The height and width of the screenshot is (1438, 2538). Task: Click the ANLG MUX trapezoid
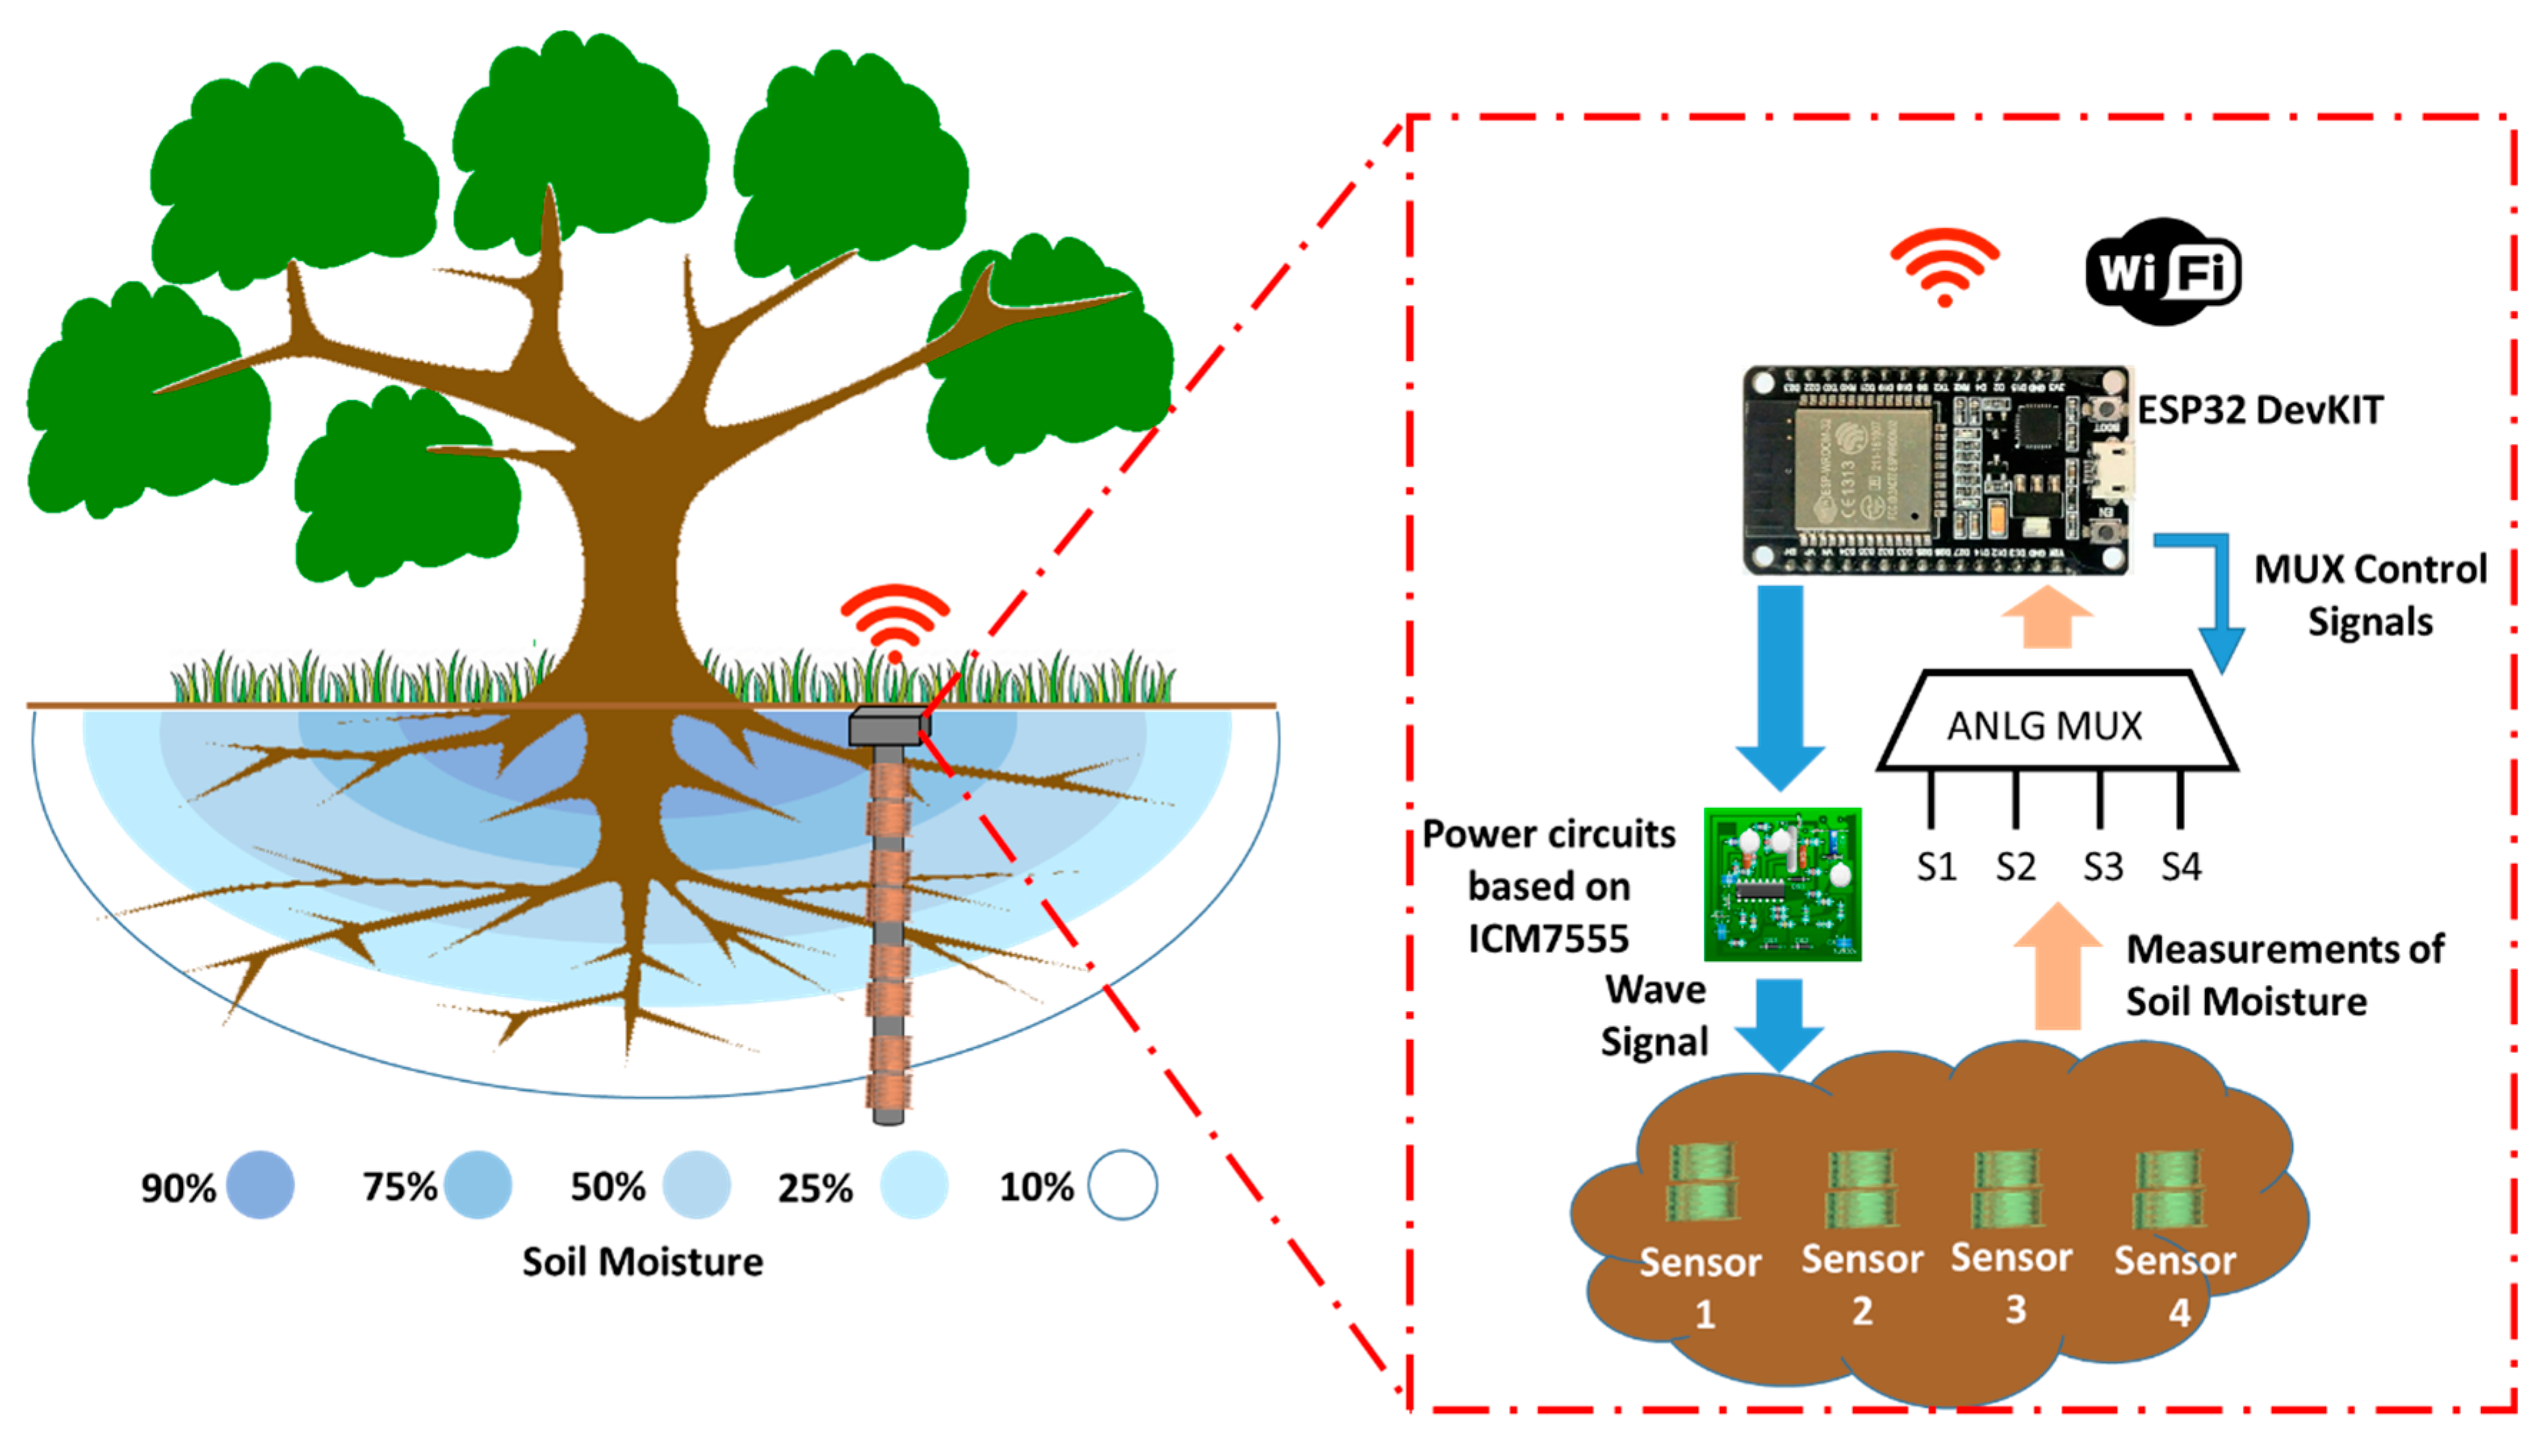(2054, 725)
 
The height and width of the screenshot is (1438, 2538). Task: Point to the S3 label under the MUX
(2102, 867)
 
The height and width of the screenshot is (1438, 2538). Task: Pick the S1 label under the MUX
(1936, 867)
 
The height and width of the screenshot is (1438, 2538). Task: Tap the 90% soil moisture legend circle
(260, 1184)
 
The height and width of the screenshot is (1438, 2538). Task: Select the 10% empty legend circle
(1122, 1184)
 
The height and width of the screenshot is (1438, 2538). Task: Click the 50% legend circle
(697, 1184)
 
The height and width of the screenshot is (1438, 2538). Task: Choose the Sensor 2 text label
(1861, 1282)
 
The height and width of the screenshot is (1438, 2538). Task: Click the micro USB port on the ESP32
(2113, 471)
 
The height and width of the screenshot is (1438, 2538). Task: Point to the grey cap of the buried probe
(887, 728)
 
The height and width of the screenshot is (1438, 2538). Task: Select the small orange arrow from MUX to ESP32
(2046, 617)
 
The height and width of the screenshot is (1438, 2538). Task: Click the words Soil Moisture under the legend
(642, 1262)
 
